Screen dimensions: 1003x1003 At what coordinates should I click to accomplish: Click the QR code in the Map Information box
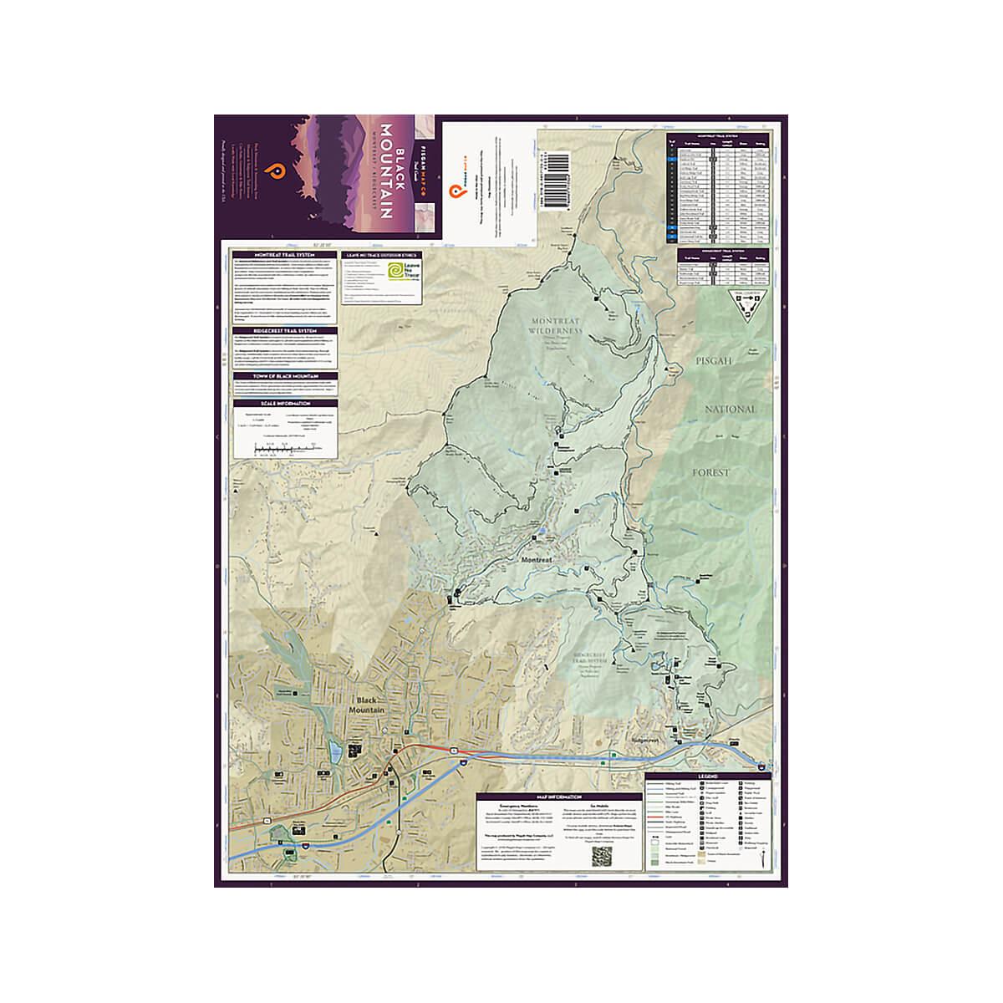pyautogui.click(x=603, y=856)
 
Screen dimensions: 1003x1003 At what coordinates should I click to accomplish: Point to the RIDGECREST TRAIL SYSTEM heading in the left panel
pyautogui.click(x=285, y=330)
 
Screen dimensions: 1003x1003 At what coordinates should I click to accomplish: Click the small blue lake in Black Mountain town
pyautogui.click(x=334, y=752)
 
